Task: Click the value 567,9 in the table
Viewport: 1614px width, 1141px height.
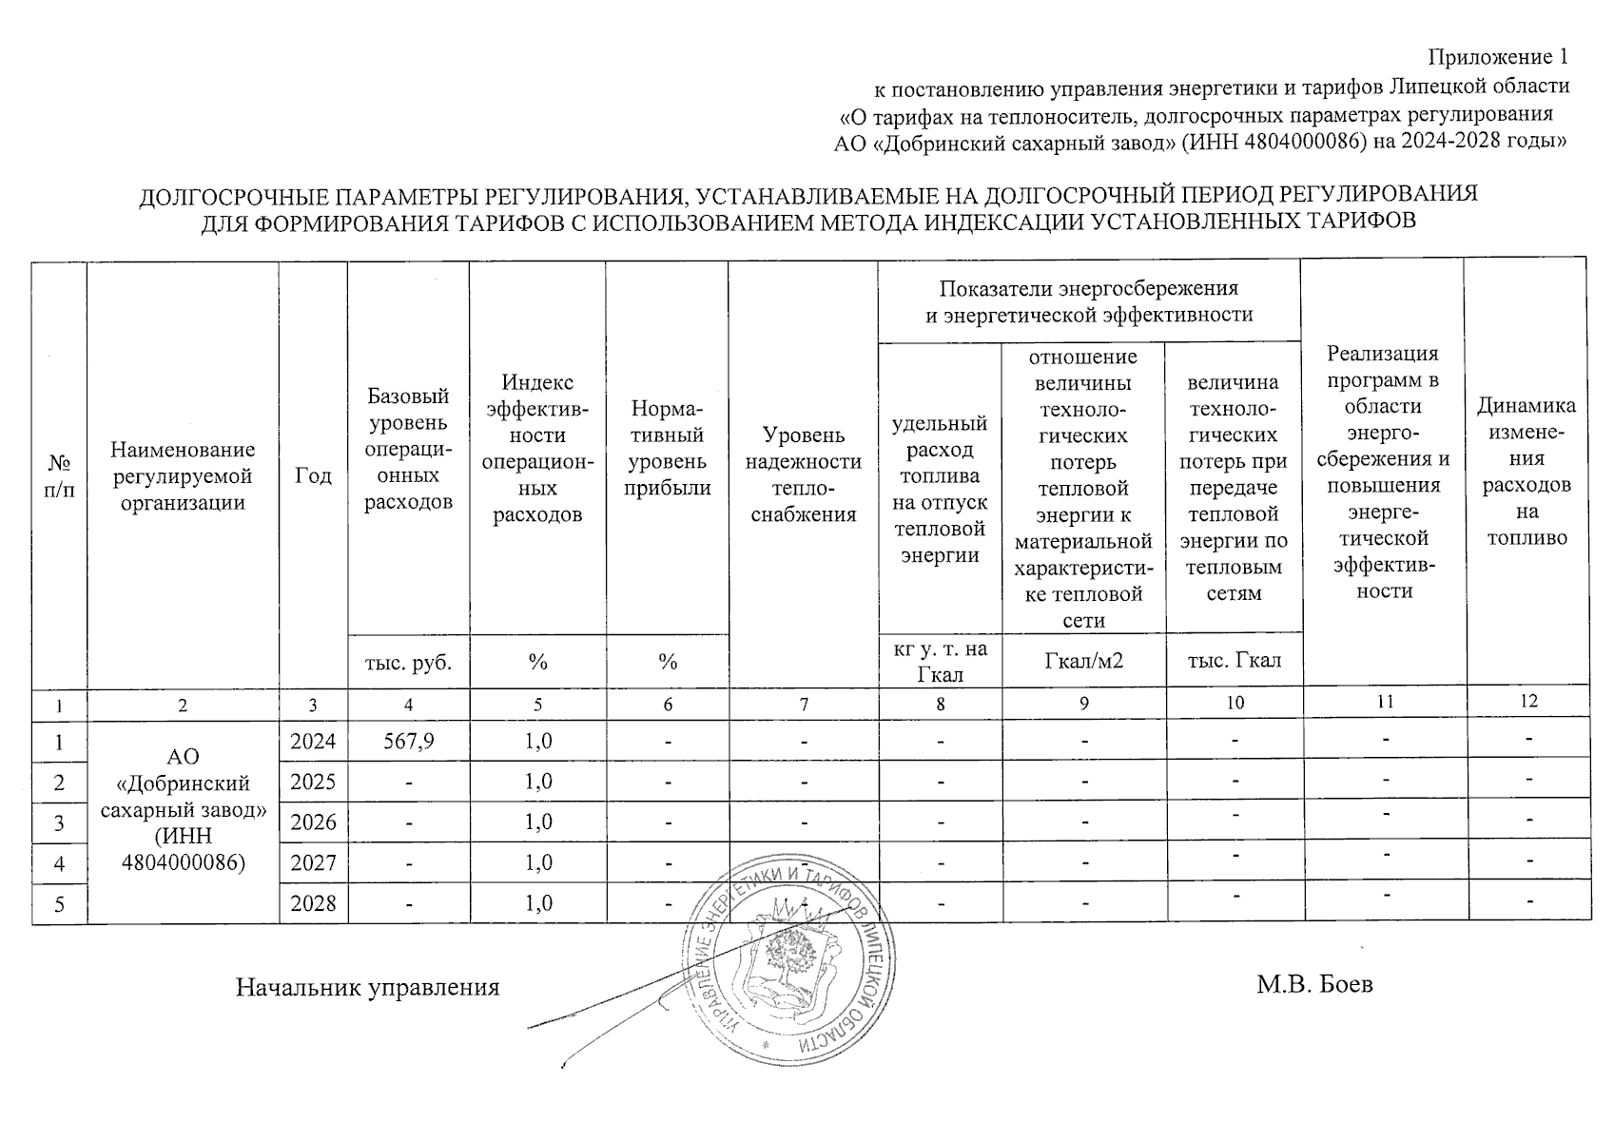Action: tap(408, 742)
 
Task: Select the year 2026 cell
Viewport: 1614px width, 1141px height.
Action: tap(313, 822)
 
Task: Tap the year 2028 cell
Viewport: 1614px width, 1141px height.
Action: tap(313, 903)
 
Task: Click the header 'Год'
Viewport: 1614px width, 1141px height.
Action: tap(313, 474)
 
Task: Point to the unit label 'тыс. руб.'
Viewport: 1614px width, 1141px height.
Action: tap(408, 661)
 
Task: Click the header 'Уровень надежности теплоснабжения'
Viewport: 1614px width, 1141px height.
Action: tap(804, 474)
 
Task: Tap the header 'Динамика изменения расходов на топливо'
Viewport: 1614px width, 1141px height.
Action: tap(1526, 472)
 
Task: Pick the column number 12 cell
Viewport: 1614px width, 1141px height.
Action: tap(1527, 701)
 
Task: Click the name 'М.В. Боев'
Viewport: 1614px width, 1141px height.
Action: tap(1314, 984)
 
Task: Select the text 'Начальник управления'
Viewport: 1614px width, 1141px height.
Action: tap(367, 987)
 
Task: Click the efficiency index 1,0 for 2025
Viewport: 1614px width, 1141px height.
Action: tap(538, 782)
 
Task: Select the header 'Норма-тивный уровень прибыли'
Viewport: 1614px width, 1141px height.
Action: tap(667, 448)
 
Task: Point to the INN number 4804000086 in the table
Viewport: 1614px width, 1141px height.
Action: tap(183, 863)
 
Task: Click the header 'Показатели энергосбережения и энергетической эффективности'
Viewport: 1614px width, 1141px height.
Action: tap(1089, 300)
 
